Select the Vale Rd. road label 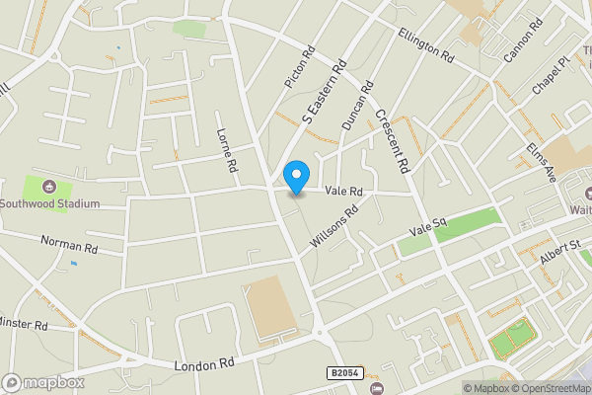click(344, 190)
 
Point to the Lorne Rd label click(227, 151)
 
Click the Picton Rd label click(298, 66)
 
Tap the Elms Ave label click(542, 159)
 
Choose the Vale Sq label click(429, 229)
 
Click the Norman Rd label click(69, 244)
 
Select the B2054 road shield click(344, 373)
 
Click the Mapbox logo click(43, 382)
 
